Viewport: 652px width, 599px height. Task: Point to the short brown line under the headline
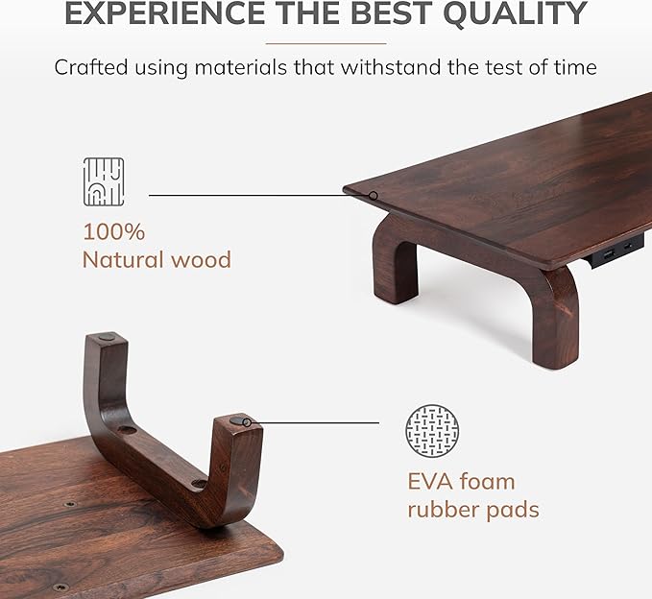[326, 43]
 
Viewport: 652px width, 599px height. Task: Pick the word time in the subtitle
[576, 68]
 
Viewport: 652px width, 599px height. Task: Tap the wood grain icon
[104, 181]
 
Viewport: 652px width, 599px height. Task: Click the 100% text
[113, 231]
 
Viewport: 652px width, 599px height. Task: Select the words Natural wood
[157, 259]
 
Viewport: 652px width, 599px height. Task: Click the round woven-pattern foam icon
[432, 430]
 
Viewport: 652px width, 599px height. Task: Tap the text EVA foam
[461, 481]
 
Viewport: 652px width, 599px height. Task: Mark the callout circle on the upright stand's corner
[374, 195]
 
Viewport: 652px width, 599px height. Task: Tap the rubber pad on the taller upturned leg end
[108, 339]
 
